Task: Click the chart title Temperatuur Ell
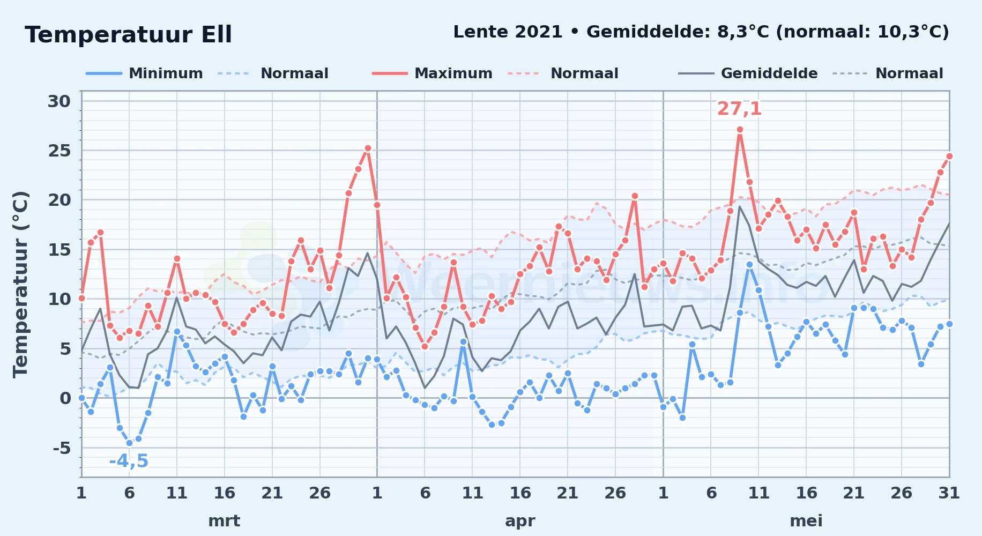tap(128, 35)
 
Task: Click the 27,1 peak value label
tap(739, 109)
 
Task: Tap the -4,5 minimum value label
tap(129, 461)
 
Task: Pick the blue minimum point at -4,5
tap(129, 443)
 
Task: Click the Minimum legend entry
tap(144, 73)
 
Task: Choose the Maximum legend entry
tap(432, 73)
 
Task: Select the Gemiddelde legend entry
tap(748, 73)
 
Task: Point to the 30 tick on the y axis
tap(59, 101)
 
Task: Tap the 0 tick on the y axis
tap(65, 398)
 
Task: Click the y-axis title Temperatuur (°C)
tap(20, 284)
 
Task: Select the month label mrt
tap(224, 520)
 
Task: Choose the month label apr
tap(520, 521)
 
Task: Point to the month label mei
tap(806, 520)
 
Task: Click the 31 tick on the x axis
tap(949, 493)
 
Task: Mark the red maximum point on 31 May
tap(949, 156)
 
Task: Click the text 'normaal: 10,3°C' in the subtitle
tap(866, 32)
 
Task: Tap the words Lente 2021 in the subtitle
tap(508, 32)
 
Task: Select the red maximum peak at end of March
tap(368, 148)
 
